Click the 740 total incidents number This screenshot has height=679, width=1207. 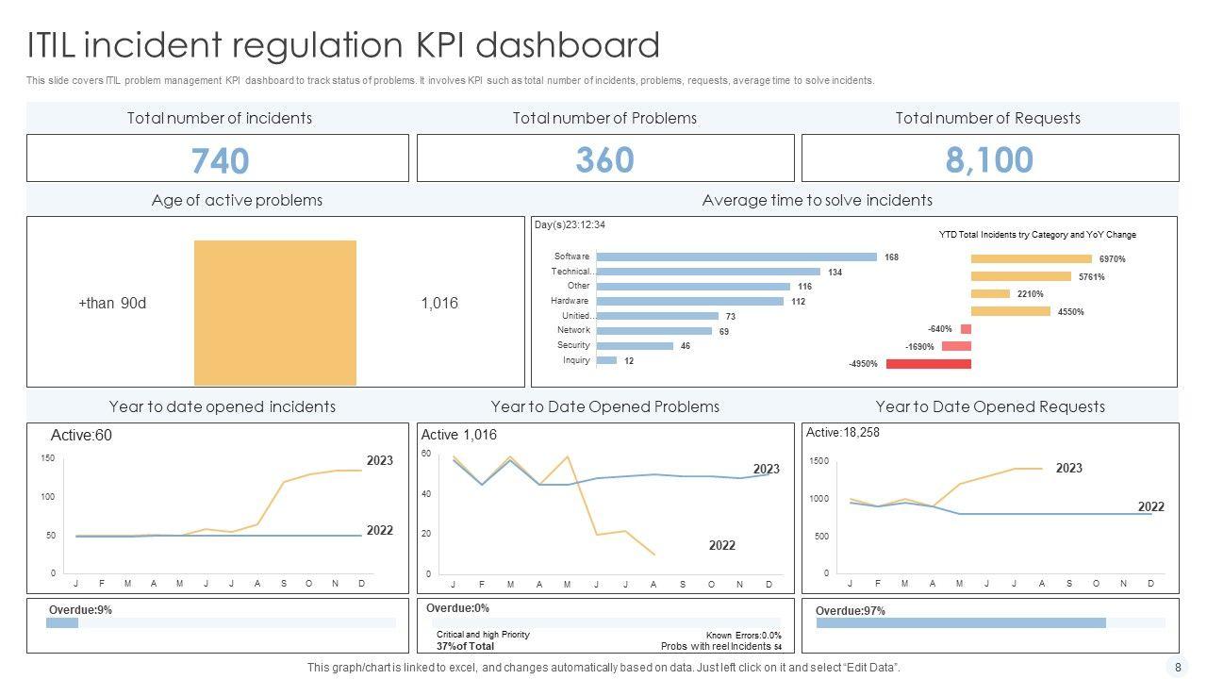[x=220, y=160]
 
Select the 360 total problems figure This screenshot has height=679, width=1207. [x=604, y=159]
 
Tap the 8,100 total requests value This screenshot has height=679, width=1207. [x=989, y=159]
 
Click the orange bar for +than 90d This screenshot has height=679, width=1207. [x=275, y=312]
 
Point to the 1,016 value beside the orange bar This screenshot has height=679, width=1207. [x=439, y=303]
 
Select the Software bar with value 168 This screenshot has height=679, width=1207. [x=736, y=257]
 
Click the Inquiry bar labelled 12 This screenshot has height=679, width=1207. [x=606, y=360]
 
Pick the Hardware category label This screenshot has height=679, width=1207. [x=570, y=301]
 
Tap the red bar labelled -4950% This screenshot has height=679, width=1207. [x=928, y=363]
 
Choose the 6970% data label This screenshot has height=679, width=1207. [x=1112, y=259]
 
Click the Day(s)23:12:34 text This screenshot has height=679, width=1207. [x=570, y=224]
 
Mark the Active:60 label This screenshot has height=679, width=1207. [x=81, y=436]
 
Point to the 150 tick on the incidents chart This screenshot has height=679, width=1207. [x=47, y=458]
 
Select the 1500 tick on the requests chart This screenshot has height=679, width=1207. [x=818, y=461]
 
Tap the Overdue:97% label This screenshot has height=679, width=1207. [x=850, y=611]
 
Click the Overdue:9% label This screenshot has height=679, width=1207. [x=80, y=610]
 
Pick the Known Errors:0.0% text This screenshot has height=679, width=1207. [x=743, y=636]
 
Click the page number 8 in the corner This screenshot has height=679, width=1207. [x=1178, y=667]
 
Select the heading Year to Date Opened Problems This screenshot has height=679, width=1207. [x=604, y=406]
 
